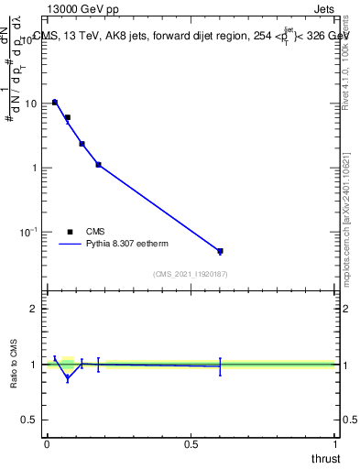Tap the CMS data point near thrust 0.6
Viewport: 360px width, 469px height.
click(x=220, y=251)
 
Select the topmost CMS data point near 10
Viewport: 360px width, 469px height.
click(x=55, y=103)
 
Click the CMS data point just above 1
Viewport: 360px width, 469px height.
click(x=98, y=165)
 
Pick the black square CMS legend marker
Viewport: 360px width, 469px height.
click(x=71, y=232)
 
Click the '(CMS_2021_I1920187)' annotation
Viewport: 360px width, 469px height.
click(x=190, y=274)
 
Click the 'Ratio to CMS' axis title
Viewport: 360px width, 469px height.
click(x=14, y=365)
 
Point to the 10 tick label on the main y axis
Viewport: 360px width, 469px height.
click(x=29, y=104)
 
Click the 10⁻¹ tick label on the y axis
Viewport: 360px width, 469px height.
click(x=27, y=233)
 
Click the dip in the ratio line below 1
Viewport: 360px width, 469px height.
click(x=67, y=377)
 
